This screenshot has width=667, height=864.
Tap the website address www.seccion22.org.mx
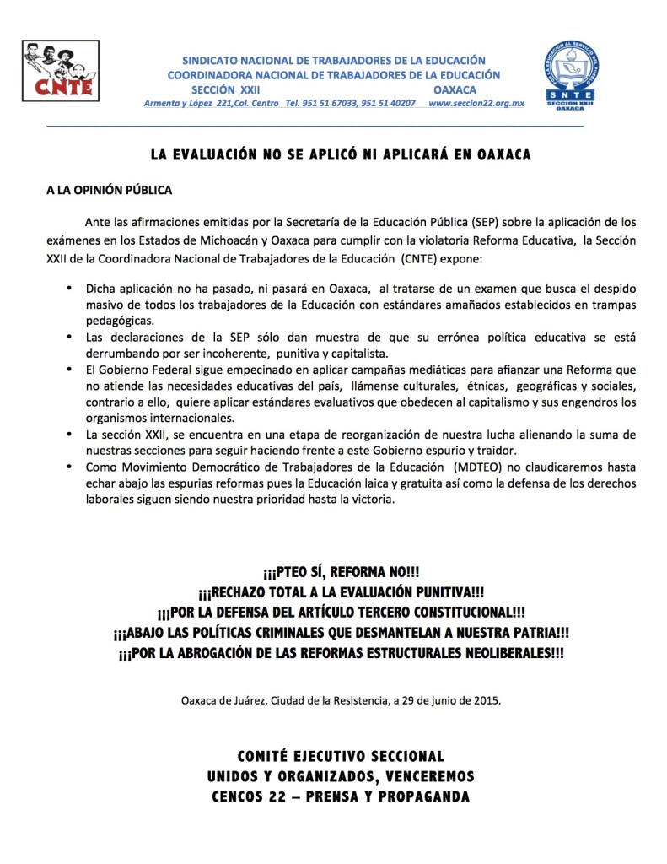tap(476, 103)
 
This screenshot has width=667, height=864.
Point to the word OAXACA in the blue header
tap(455, 89)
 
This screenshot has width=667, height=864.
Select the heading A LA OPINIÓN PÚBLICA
tap(109, 190)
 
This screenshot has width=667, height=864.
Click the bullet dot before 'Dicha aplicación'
tap(68, 289)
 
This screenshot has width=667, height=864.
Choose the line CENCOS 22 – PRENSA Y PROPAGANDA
tap(341, 796)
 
